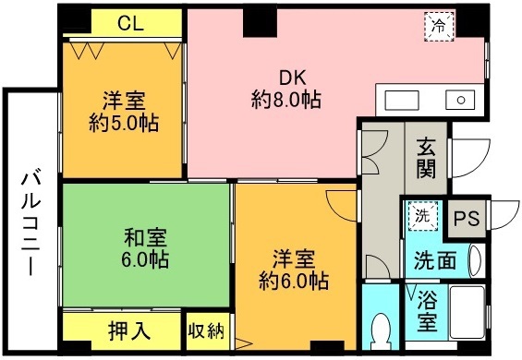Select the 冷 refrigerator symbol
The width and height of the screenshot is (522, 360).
click(x=439, y=26)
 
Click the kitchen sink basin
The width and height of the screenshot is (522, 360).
click(x=459, y=99)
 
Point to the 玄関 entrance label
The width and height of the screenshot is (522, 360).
click(x=426, y=159)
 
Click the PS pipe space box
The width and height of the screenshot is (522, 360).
click(x=466, y=220)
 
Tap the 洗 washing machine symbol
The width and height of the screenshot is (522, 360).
click(x=421, y=218)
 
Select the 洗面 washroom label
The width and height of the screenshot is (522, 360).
click(x=434, y=261)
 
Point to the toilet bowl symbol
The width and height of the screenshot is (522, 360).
click(x=380, y=330)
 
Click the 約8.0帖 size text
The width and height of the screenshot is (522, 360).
click(x=286, y=100)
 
